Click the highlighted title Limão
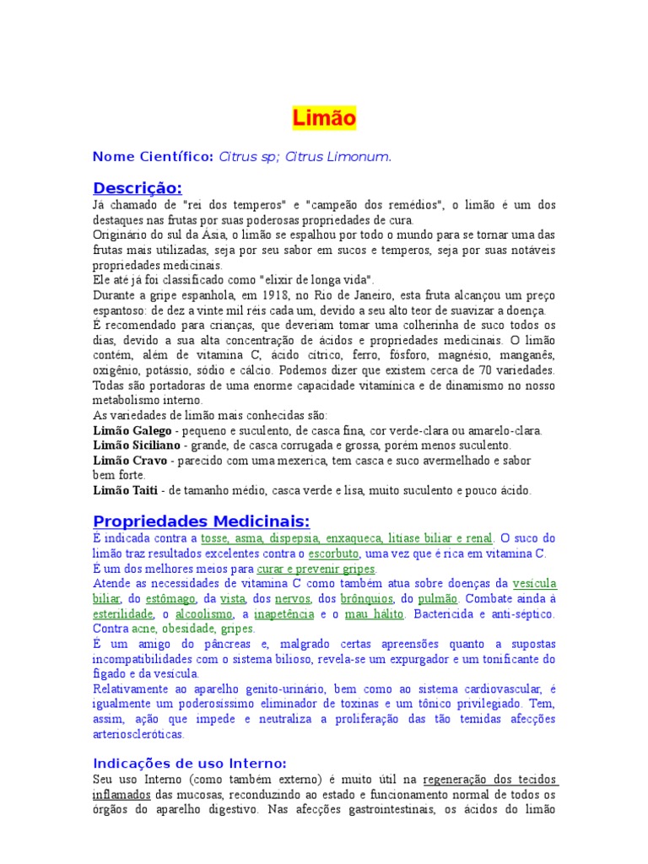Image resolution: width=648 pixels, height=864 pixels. pyautogui.click(x=324, y=118)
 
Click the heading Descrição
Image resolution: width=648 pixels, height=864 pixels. pyautogui.click(x=138, y=186)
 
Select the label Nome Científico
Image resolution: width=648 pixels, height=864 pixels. pyautogui.click(x=153, y=156)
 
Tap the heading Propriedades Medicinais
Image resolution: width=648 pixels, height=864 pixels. pyautogui.click(x=202, y=521)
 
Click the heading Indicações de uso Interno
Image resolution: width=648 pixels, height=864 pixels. pyautogui.click(x=190, y=763)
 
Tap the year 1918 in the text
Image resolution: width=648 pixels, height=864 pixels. pyautogui.click(x=256, y=295)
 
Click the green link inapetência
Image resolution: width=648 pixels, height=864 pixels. pyautogui.click(x=284, y=614)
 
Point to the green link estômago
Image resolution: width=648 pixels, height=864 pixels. pyautogui.click(x=149, y=598)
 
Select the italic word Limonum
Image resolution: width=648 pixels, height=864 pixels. pyautogui.click(x=358, y=156)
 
